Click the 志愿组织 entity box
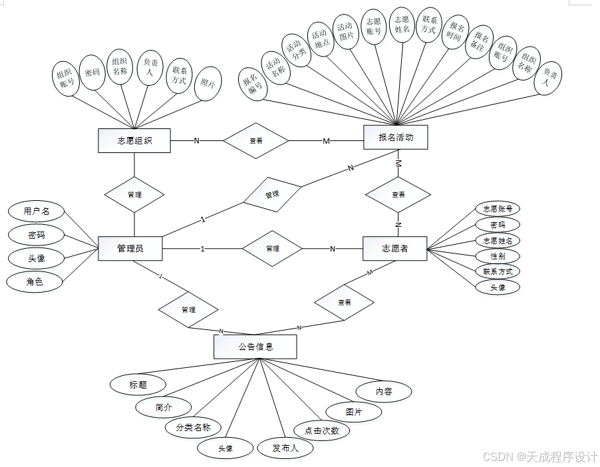click(134, 140)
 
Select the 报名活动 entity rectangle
click(396, 138)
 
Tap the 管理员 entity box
click(130, 249)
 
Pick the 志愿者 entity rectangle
click(394, 249)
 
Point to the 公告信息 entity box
click(255, 347)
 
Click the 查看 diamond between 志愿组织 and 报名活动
click(256, 141)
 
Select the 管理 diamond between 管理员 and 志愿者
click(272, 249)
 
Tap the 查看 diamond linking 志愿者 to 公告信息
click(345, 303)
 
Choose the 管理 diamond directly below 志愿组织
click(134, 195)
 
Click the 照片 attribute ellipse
click(208, 84)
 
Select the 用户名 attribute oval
click(37, 212)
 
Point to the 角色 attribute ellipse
click(35, 282)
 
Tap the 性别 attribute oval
click(497, 256)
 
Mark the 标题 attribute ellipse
click(138, 385)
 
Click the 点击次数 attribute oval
click(322, 430)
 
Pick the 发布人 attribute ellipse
click(285, 448)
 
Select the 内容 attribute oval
click(384, 391)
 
